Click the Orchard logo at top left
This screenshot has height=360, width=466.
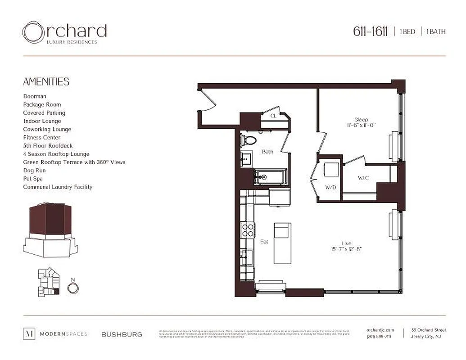(x=64, y=33)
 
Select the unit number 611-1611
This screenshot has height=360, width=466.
(x=370, y=31)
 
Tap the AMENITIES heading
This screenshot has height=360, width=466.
(x=46, y=81)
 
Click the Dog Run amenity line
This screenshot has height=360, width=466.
(x=34, y=171)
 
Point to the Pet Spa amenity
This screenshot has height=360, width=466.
(x=33, y=179)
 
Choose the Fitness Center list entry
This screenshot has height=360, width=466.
(x=41, y=137)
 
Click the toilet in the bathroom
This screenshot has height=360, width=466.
(x=247, y=140)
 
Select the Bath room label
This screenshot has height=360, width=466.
(x=267, y=152)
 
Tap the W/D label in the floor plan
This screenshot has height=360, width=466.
(x=330, y=187)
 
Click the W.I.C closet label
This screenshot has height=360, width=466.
(x=363, y=178)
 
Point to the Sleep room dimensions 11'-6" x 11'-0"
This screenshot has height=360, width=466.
(x=361, y=125)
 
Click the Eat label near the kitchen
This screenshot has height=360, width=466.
(x=264, y=242)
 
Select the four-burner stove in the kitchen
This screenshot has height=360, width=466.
(x=248, y=230)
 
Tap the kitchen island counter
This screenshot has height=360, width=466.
(x=282, y=243)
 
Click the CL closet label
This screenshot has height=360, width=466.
(x=273, y=116)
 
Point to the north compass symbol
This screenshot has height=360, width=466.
(x=72, y=287)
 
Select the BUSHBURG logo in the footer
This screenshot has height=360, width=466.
(x=122, y=334)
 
